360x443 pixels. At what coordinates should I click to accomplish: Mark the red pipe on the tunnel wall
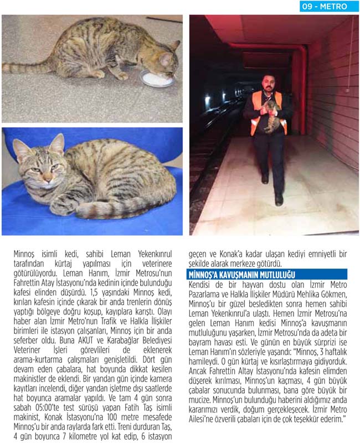pyautogui.click(x=302, y=78)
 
